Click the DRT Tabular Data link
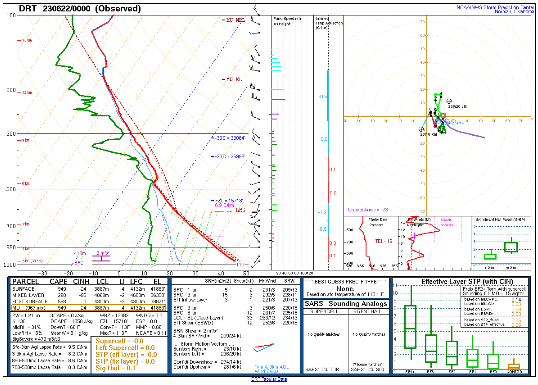point(269,379)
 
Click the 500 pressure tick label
point(11,189)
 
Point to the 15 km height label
point(27,40)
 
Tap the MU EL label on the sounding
point(233,79)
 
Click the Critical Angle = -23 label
point(369,210)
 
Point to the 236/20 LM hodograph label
point(457,107)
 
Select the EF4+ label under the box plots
point(410,372)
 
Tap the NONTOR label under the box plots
point(514,372)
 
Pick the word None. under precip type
point(345,288)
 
